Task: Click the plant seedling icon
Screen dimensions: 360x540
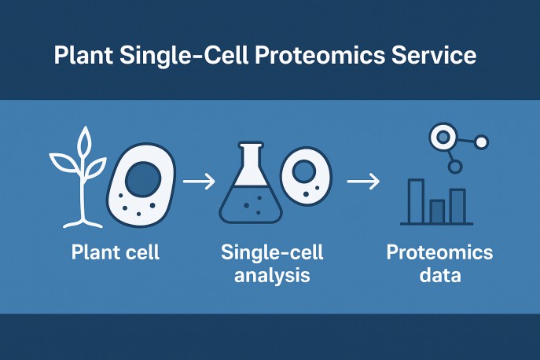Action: (x=79, y=177)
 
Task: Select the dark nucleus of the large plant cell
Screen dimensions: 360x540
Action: (x=145, y=180)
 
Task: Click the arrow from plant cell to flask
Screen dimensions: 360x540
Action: (x=200, y=182)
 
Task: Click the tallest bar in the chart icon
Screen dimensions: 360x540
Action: (x=417, y=200)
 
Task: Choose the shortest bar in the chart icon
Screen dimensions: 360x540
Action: (x=437, y=210)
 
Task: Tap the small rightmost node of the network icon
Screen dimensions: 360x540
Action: (x=482, y=142)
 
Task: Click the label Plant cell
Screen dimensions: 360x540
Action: (x=115, y=253)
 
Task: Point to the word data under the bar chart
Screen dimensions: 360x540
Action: (x=439, y=276)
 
